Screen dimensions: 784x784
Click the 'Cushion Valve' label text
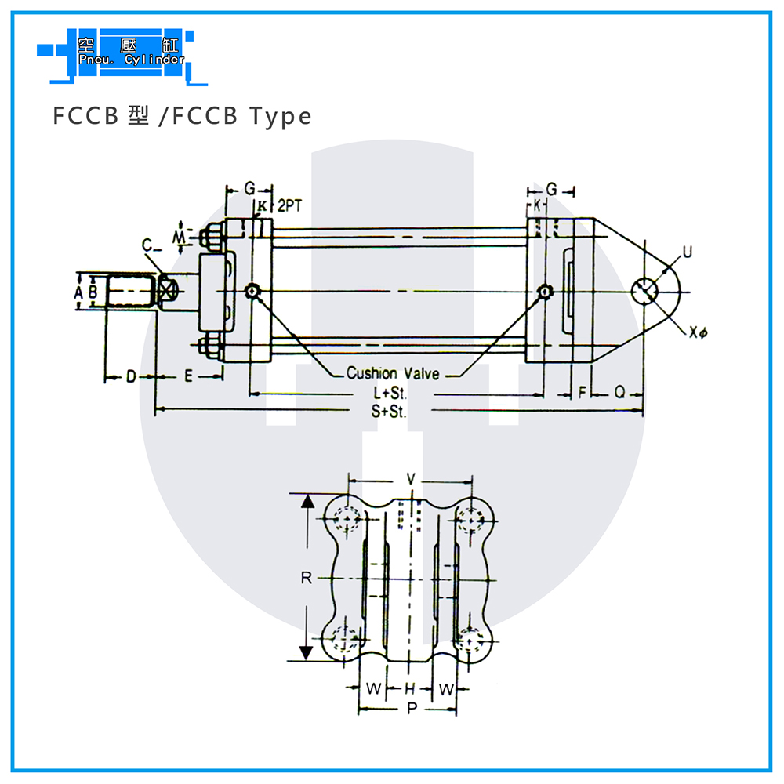tap(393, 373)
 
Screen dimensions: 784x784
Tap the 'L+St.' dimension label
tap(390, 394)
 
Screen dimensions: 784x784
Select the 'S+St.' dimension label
tap(389, 412)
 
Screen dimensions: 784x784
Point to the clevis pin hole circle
tap(644, 291)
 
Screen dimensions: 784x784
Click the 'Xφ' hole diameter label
tap(698, 332)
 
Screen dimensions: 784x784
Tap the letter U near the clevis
tap(688, 252)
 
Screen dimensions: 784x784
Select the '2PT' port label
tap(290, 205)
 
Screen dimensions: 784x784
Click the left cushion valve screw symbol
tap(252, 291)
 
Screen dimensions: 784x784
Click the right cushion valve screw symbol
tap(543, 291)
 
